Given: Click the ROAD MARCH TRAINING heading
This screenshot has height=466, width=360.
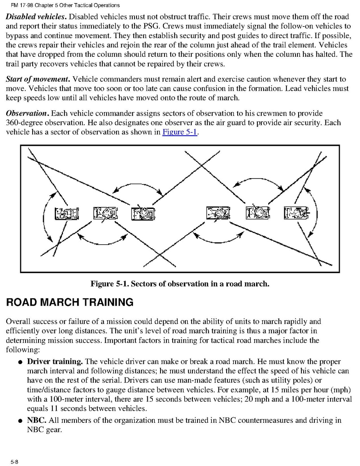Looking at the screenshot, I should (x=70, y=302).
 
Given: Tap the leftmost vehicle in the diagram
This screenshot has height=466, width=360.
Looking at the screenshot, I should (x=66, y=214).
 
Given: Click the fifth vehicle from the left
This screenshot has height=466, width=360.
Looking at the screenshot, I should (x=257, y=214).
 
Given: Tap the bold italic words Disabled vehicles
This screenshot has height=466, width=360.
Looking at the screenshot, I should (x=37, y=17).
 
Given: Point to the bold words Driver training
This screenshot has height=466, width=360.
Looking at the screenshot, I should (x=55, y=362).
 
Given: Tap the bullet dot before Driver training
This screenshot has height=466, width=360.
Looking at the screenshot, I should (x=19, y=362).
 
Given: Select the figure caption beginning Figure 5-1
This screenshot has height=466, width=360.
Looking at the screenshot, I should (x=180, y=284).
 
